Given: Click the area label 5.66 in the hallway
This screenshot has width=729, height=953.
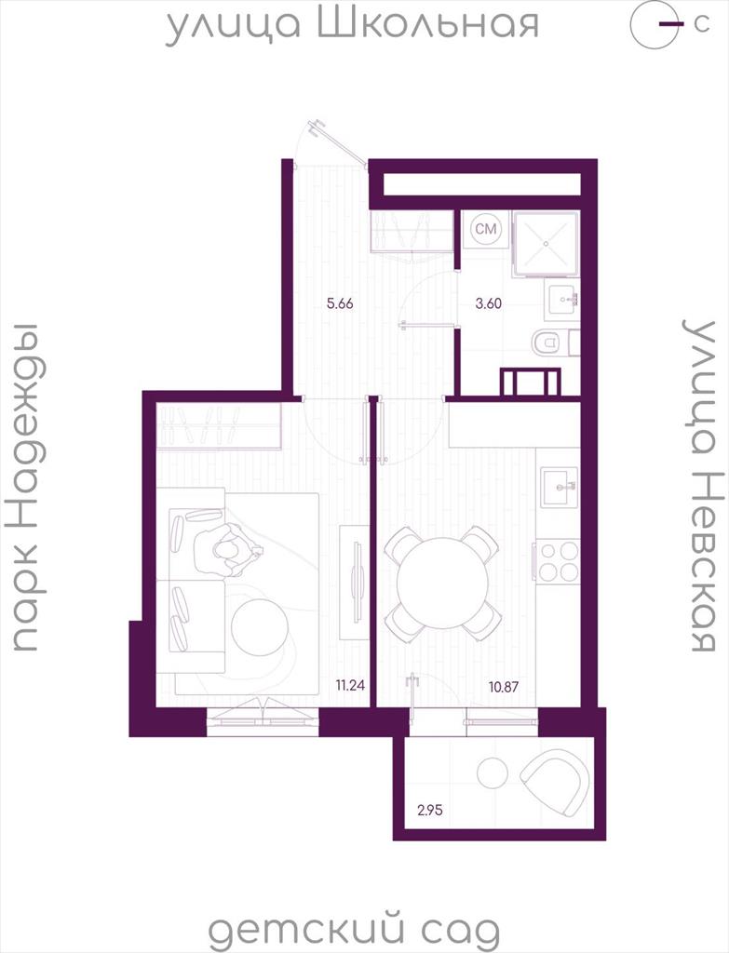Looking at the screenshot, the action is click(x=340, y=303).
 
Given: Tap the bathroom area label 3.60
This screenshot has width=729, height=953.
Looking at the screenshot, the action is click(x=488, y=303).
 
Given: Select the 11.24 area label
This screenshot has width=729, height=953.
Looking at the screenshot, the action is click(x=350, y=686).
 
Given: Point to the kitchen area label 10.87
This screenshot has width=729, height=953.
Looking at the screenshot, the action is click(x=504, y=688).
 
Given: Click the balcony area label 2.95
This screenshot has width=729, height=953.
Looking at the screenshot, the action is click(x=430, y=811).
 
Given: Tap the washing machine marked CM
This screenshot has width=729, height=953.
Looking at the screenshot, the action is click(x=486, y=229).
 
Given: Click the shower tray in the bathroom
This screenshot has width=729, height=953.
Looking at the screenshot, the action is click(x=546, y=244).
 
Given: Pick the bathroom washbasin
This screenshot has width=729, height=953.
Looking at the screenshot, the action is click(x=563, y=299).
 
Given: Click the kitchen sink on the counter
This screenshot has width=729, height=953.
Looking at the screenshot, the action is click(x=559, y=487).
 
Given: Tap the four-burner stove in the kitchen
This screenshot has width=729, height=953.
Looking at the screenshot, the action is click(x=557, y=561).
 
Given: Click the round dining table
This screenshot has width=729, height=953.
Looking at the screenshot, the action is click(x=442, y=584).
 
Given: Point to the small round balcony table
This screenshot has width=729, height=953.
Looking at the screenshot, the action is click(x=492, y=773).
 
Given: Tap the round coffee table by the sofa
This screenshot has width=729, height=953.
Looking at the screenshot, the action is click(x=260, y=628).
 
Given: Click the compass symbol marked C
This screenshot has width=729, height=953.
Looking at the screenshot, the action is click(x=655, y=24).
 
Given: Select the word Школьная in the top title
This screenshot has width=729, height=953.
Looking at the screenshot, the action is click(x=428, y=25).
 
